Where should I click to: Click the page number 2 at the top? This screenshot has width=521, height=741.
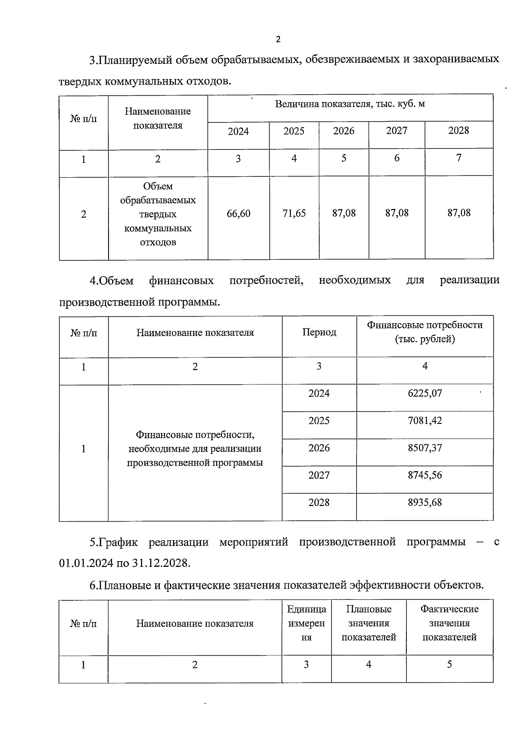tap(278, 40)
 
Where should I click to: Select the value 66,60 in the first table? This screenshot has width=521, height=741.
tap(238, 214)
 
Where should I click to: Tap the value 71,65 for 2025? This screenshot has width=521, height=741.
tap(294, 213)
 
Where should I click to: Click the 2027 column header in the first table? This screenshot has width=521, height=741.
tap(396, 131)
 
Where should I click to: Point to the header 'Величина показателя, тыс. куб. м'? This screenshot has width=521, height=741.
tap(350, 104)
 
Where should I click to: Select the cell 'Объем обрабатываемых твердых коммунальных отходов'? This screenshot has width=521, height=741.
tap(158, 214)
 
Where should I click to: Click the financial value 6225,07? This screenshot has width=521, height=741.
tap(425, 394)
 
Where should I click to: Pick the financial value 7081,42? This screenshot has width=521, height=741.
tap(425, 421)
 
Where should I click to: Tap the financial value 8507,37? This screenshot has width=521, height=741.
tap(425, 448)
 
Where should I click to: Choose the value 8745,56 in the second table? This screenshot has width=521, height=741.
tap(425, 475)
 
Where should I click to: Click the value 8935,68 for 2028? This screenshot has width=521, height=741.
tap(425, 503)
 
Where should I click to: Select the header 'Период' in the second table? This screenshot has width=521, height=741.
tap(319, 332)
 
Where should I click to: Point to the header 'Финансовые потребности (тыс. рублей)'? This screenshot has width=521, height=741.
tap(425, 332)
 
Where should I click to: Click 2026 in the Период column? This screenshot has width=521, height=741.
tap(319, 448)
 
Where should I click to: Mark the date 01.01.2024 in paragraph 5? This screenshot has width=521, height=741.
tap(86, 564)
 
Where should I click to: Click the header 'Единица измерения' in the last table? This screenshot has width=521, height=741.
tap(307, 624)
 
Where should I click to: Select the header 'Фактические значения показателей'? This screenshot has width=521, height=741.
tap(449, 623)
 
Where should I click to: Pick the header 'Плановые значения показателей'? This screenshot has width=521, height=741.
tap(369, 623)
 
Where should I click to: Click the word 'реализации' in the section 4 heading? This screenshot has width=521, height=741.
tap(469, 280)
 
